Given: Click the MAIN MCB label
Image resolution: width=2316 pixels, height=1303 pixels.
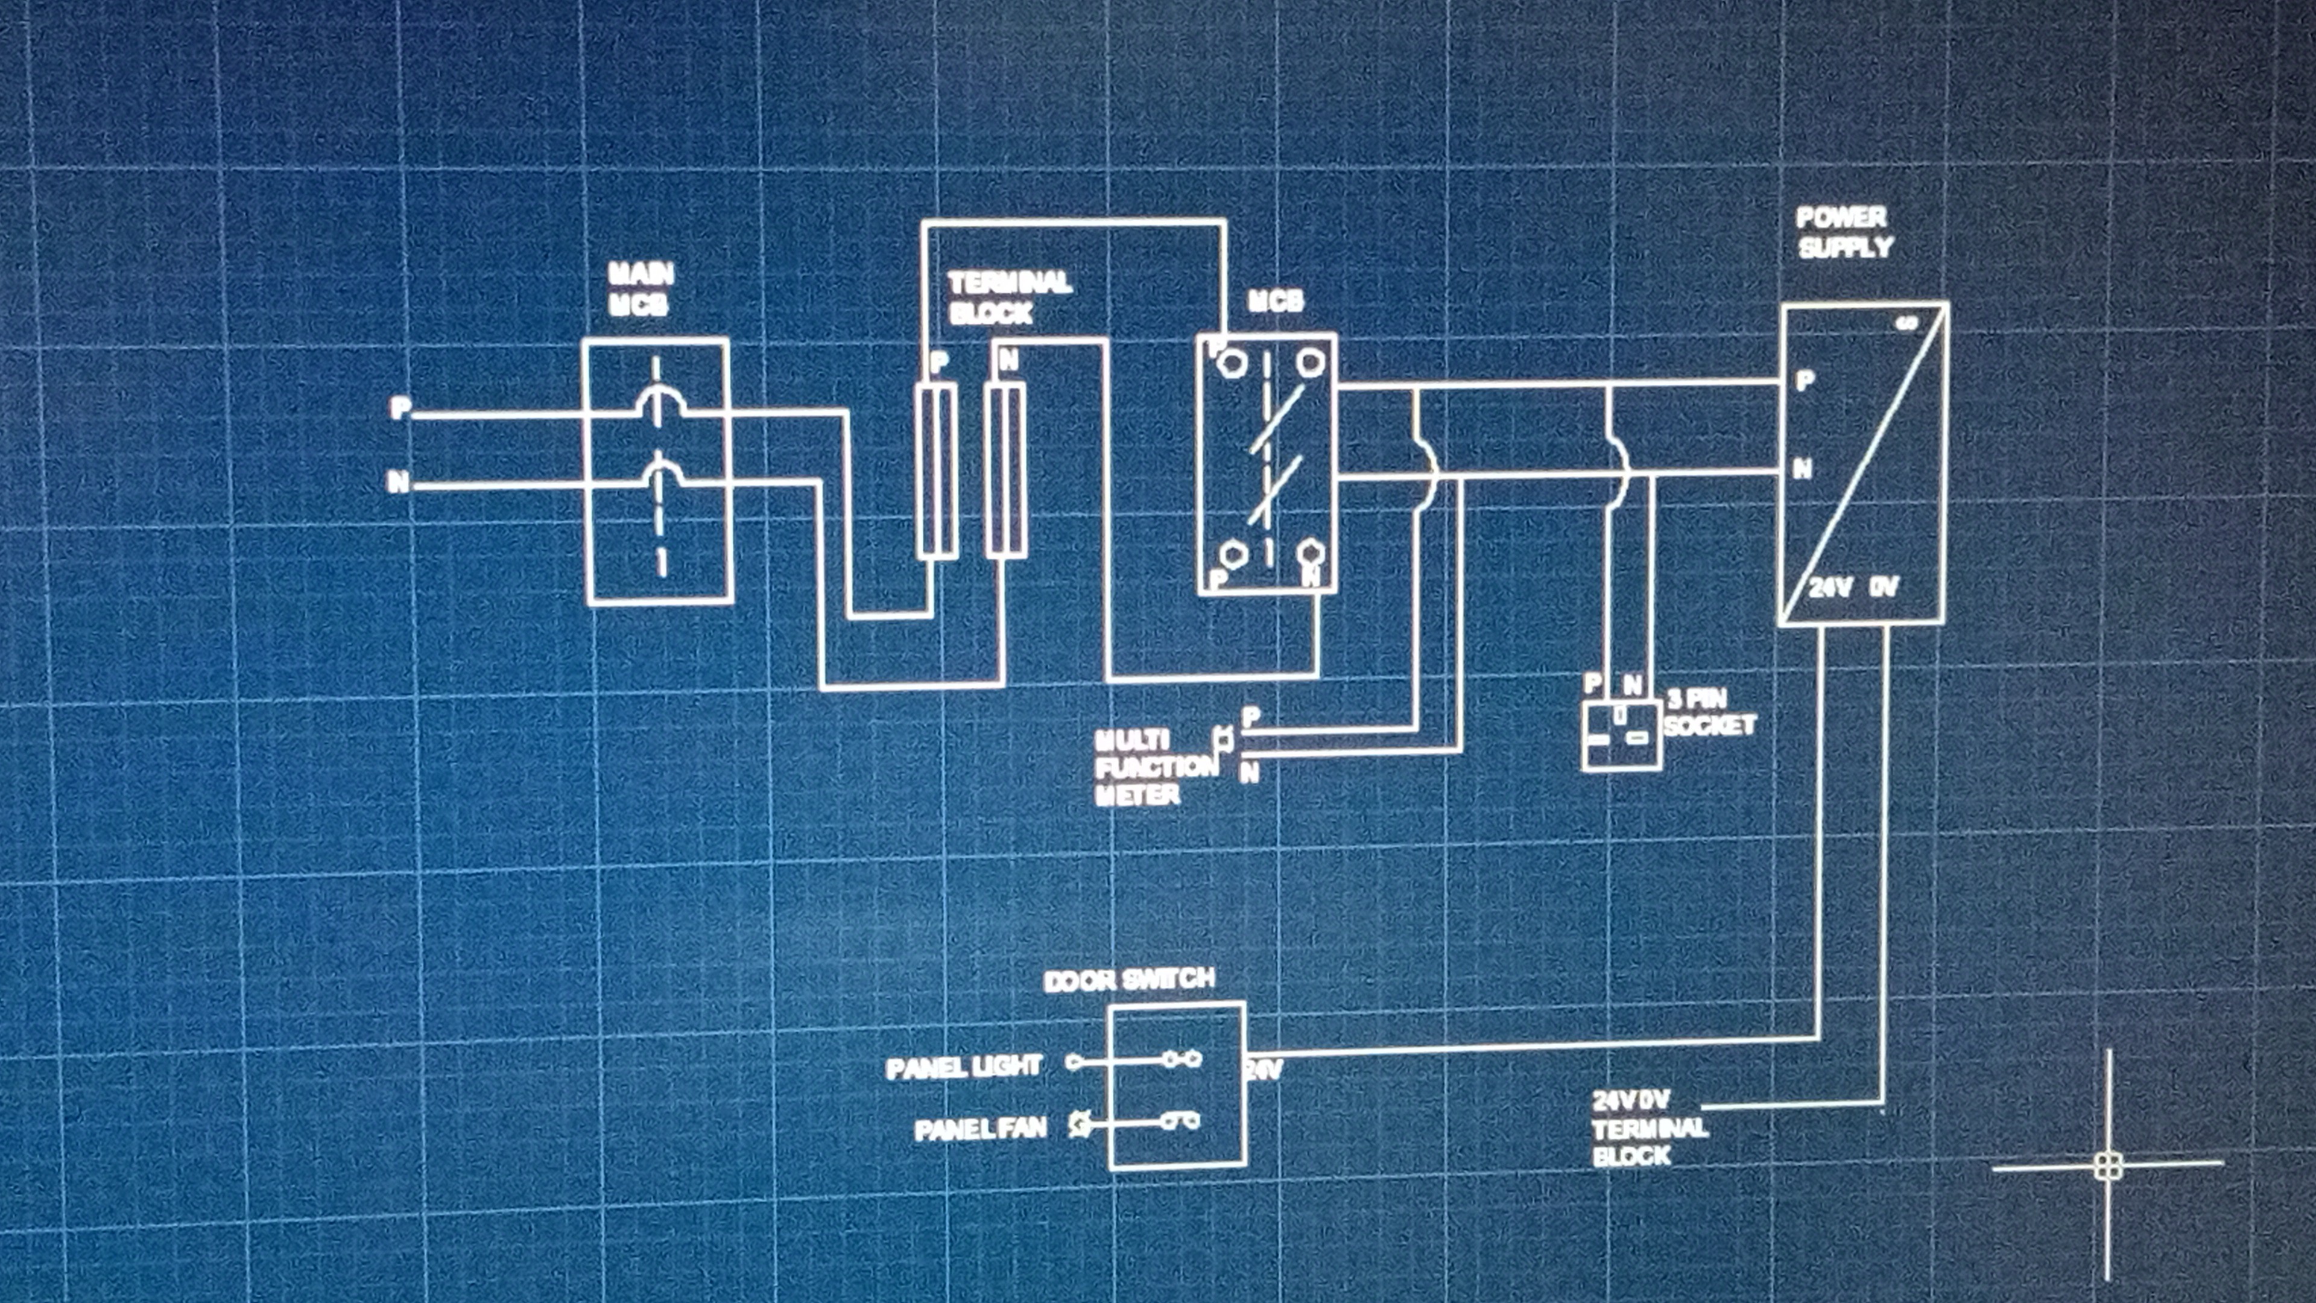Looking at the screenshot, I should (x=640, y=290).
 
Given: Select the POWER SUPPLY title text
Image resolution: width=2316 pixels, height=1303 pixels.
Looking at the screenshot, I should (x=1844, y=233).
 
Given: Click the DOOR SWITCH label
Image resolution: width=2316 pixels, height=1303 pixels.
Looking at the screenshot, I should (x=1129, y=979).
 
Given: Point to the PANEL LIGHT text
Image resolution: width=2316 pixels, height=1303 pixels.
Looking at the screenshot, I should (x=963, y=1067).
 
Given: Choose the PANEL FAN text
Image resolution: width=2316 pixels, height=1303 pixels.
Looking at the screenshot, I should (x=980, y=1129).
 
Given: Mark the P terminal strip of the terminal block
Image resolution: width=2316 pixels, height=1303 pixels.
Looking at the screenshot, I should (x=937, y=471).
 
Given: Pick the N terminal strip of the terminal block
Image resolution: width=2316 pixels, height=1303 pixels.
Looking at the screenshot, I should (x=1005, y=471).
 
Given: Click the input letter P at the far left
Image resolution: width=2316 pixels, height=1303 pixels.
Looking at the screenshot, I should (x=399, y=409).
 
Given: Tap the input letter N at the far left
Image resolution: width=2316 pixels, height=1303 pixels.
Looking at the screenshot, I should (x=397, y=483).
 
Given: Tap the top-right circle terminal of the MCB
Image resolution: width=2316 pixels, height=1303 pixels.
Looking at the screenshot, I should (x=1309, y=363).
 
